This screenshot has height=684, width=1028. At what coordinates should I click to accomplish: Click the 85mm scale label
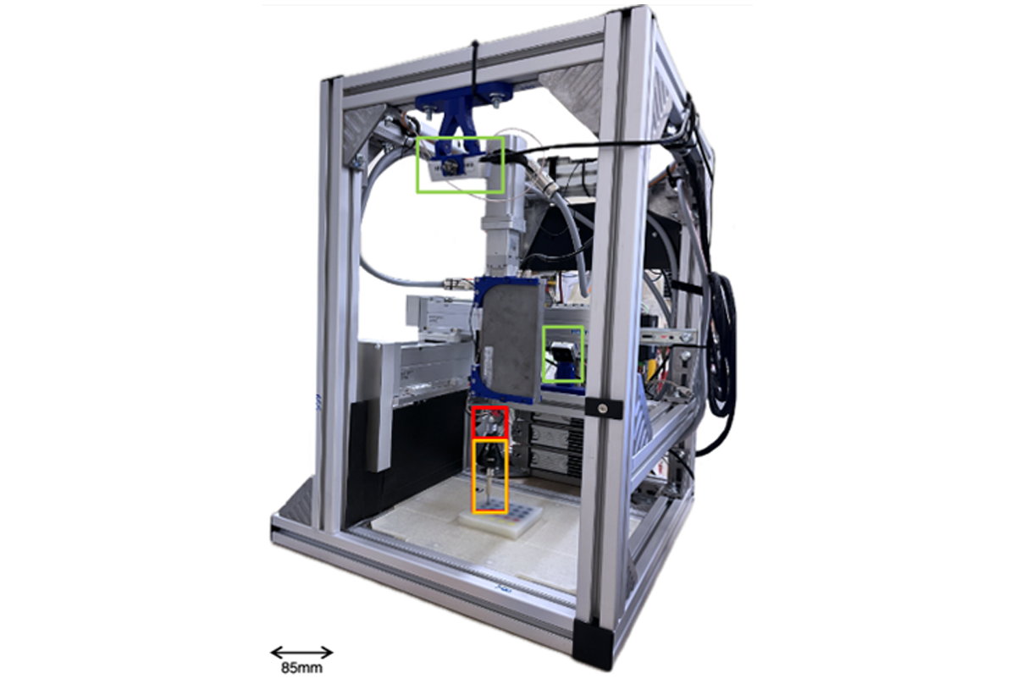(x=301, y=667)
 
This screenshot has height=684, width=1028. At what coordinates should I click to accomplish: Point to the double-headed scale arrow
(x=301, y=652)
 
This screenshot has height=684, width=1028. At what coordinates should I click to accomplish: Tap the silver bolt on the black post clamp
(x=603, y=408)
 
